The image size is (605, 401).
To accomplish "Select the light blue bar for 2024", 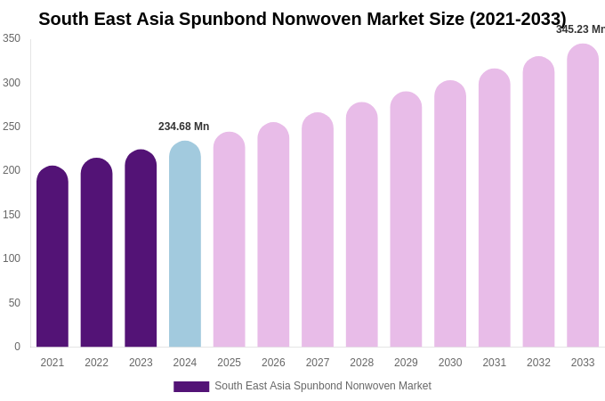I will pos(185,244).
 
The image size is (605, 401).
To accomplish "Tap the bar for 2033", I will pos(583,196).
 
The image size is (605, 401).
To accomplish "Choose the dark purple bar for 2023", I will pos(141,249).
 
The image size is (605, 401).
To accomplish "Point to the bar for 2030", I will pos(450,214).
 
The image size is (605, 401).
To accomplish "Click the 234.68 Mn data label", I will pos(184,127).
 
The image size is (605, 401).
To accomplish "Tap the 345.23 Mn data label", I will pos(580,29).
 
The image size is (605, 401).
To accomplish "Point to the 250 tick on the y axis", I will pos(11,127).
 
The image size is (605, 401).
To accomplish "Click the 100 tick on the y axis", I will pos(11,258).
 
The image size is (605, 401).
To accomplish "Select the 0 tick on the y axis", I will pos(16,347).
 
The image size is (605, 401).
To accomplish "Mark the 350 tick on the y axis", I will pos(11,38).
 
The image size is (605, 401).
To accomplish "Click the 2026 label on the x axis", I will pos(273,363).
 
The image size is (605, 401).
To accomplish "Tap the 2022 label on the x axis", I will pos(96,363).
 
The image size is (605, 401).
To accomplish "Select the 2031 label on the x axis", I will pos(495,363).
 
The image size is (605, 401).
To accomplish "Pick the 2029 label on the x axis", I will pos(406,363).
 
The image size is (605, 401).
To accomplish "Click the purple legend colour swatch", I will pos(191,387).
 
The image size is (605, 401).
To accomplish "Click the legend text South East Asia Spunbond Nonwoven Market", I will pos(323,386).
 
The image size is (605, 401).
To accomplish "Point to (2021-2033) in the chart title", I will pos(518,19).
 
